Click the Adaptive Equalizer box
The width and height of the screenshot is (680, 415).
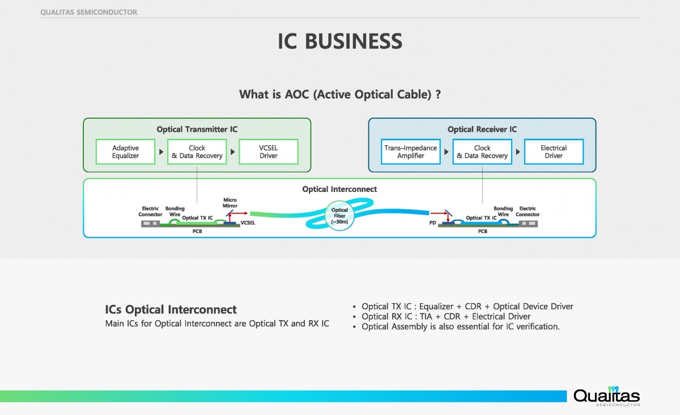click(125, 152)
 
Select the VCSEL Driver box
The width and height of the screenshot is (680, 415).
click(269, 152)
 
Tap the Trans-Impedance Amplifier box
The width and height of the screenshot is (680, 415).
click(411, 152)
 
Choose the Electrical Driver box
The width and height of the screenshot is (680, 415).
click(554, 152)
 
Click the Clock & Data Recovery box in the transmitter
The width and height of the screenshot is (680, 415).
click(197, 152)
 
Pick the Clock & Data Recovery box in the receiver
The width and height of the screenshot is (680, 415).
click(482, 152)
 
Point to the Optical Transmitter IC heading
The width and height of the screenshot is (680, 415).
click(197, 129)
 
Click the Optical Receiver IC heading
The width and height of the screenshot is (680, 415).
click(482, 129)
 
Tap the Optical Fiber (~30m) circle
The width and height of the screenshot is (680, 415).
click(339, 216)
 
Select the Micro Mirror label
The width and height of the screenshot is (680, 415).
click(230, 203)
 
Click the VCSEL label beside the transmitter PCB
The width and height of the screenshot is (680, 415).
click(248, 223)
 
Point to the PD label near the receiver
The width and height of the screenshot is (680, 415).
click(432, 223)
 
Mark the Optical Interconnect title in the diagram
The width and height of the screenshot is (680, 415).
click(339, 189)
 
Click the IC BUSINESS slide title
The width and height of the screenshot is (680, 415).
click(339, 41)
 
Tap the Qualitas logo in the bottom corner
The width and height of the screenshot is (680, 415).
click(606, 396)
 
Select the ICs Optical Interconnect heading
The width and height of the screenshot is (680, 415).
click(171, 310)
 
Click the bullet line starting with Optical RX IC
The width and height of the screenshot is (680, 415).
click(446, 316)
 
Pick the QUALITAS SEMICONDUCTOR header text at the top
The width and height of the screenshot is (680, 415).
click(89, 12)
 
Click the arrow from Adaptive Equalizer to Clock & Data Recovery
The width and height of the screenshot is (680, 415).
click(161, 152)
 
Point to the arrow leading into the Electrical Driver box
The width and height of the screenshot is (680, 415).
click(518, 152)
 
